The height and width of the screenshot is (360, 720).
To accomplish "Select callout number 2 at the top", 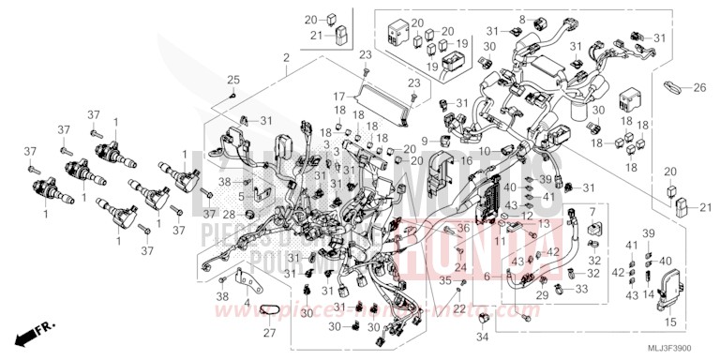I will [285, 58].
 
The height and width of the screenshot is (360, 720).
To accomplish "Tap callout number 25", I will [233, 79].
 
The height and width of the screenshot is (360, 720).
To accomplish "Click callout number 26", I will [698, 89].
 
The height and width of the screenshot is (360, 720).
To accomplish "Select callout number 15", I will [668, 322].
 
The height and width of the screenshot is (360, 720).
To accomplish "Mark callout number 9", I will [424, 141].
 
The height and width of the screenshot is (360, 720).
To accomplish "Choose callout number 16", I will [466, 161].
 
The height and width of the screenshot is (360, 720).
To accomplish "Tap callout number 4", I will [247, 303].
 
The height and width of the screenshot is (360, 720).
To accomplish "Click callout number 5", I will [241, 196].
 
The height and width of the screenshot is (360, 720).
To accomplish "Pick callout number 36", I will [461, 229].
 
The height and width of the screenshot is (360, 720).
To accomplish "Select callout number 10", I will [485, 151].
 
